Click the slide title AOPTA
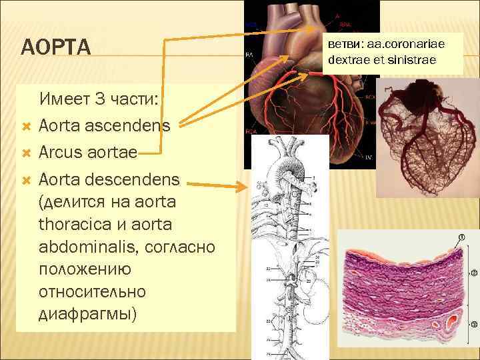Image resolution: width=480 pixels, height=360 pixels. tap(55, 48)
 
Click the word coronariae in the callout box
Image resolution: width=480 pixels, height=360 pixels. tap(411, 44)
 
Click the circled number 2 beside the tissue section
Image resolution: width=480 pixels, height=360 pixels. tap(473, 273)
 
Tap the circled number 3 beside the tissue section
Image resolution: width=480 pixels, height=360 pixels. tap(473, 326)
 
